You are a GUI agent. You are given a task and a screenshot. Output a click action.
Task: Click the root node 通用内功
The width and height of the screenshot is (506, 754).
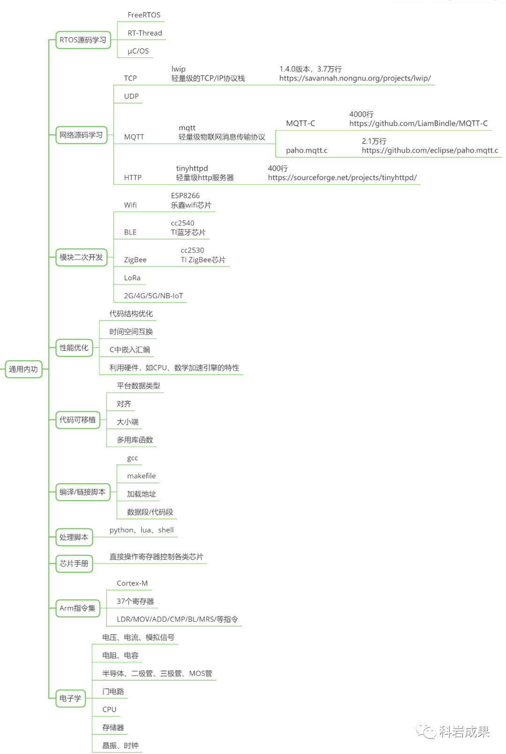pos(23,369)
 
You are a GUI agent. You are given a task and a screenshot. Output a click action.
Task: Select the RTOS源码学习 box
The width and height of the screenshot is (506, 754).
pos(83,40)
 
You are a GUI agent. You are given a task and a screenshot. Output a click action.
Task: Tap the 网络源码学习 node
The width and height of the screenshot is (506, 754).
pos(81,135)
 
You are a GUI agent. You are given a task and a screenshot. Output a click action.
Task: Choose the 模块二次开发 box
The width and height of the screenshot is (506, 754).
pos(81,257)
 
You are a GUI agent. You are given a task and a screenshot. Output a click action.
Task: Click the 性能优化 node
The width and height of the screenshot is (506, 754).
pos(74,348)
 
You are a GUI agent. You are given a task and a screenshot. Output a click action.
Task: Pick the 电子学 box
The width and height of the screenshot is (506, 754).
pos(70,698)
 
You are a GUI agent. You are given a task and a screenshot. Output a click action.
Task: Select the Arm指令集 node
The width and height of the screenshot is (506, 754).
pos(77,608)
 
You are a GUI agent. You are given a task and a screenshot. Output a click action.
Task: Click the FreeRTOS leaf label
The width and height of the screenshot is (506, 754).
pos(144,15)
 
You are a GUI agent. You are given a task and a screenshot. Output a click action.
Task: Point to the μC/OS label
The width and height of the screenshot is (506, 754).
pos(138,51)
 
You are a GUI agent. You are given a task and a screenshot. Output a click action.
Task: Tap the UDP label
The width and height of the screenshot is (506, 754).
pos(131,96)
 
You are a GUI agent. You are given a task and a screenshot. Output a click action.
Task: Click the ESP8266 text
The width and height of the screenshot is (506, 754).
pos(185,196)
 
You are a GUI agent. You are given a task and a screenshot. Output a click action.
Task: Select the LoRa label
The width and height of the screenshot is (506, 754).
pos(132,278)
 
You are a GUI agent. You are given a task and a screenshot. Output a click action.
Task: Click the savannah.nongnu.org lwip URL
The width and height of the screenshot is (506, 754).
pos(355,78)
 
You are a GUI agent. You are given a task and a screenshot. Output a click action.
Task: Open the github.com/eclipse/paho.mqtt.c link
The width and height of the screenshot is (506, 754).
pos(430,150)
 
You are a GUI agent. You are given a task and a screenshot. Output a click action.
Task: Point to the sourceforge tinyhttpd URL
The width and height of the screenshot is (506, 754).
pos(342,177)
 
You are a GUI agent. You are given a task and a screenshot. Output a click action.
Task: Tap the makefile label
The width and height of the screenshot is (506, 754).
pos(141,476)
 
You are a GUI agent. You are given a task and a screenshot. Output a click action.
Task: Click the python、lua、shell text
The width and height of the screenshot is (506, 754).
pos(141,530)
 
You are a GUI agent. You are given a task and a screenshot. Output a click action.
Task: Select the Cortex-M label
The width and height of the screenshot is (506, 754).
pos(132,583)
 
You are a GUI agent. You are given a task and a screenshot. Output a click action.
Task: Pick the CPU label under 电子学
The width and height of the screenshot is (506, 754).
pos(109,710)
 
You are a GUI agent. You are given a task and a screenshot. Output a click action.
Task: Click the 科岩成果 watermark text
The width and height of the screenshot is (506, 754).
pos(464,732)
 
